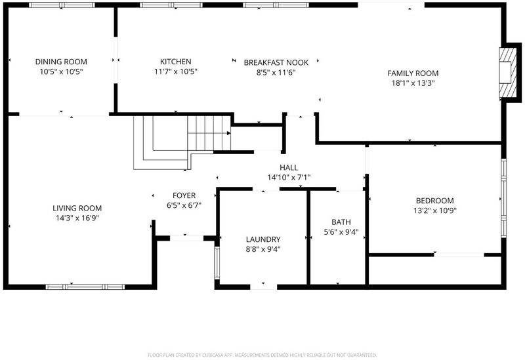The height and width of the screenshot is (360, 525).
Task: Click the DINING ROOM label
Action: pyautogui.click(x=61, y=62)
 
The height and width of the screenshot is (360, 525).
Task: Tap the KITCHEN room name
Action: pyautogui.click(x=175, y=62)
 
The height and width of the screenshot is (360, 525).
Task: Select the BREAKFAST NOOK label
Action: pyautogui.click(x=276, y=62)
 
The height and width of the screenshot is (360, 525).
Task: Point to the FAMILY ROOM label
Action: pyautogui.click(x=413, y=73)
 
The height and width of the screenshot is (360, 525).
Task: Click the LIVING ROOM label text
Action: pyautogui.click(x=77, y=208)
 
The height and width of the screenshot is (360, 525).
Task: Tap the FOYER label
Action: pyautogui.click(x=184, y=195)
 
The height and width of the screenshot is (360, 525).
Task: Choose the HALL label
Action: pyautogui.click(x=289, y=168)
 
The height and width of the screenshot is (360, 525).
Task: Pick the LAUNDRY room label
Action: pyautogui.click(x=263, y=239)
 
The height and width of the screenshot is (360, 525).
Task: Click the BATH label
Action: pyautogui.click(x=341, y=222)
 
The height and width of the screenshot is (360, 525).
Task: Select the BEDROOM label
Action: pyautogui.click(x=435, y=201)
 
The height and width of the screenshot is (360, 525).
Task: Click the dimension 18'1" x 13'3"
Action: pyautogui.click(x=413, y=83)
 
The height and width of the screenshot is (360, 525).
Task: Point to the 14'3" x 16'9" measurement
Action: pyautogui.click(x=77, y=218)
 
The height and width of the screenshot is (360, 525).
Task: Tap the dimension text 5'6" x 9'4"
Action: pyautogui.click(x=341, y=232)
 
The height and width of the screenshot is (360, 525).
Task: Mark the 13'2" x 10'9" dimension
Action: pyautogui.click(x=435, y=210)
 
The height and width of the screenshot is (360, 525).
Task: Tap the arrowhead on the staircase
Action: pyautogui.click(x=228, y=133)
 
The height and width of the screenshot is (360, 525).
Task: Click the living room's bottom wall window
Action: pyautogui.click(x=85, y=287)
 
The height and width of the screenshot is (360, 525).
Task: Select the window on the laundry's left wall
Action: pyautogui.click(x=217, y=263)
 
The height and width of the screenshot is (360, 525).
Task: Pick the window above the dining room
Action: pyautogui.click(x=62, y=5)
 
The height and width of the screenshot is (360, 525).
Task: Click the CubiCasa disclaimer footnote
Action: pyautogui.click(x=262, y=355)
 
